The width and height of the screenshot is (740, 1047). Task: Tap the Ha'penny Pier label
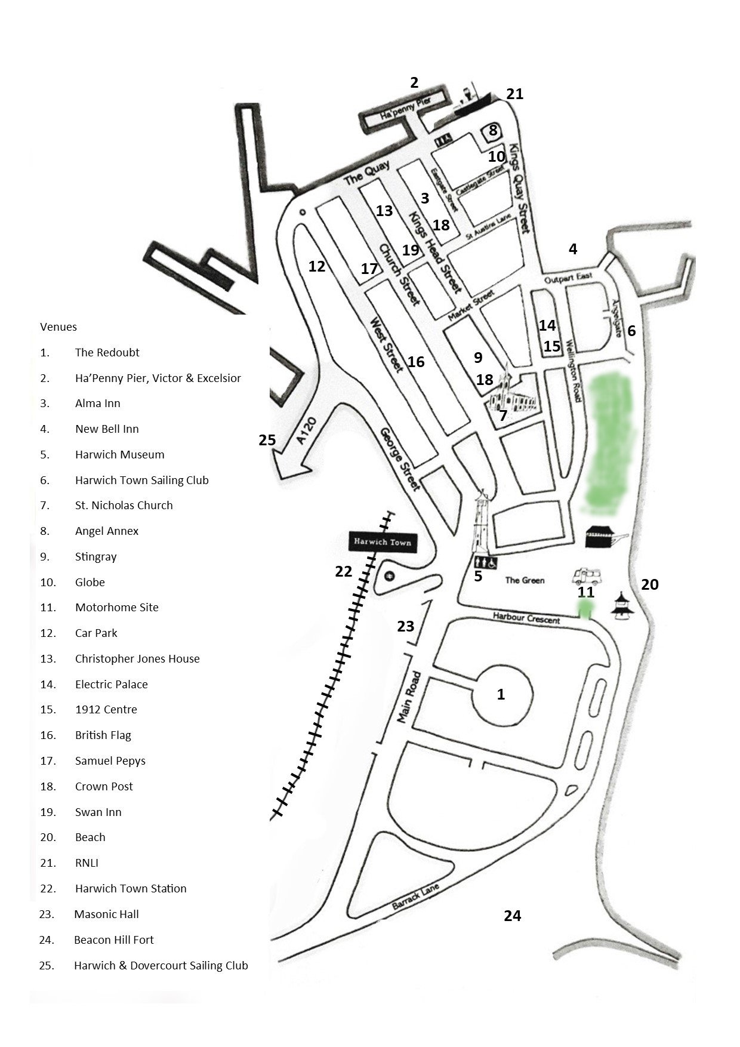(x=405, y=110)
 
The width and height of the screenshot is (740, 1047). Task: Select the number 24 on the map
(x=513, y=915)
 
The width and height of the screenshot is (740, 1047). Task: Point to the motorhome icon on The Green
(x=587, y=576)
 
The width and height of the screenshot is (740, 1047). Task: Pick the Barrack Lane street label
(x=415, y=897)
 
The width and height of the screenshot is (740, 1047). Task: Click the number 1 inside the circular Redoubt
(x=501, y=694)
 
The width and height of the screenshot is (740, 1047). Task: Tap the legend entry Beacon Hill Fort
(x=113, y=940)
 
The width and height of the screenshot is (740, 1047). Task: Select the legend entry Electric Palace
(x=111, y=684)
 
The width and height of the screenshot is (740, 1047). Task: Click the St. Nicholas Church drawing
(x=511, y=396)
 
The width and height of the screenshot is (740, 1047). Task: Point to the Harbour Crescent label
(x=526, y=618)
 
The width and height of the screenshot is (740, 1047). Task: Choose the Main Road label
(x=409, y=697)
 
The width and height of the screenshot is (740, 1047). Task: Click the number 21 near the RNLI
(x=514, y=94)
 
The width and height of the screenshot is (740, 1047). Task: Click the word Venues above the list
(x=58, y=327)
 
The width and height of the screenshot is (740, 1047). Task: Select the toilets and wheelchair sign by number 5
(x=485, y=562)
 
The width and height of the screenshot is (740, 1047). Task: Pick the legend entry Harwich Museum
(x=119, y=454)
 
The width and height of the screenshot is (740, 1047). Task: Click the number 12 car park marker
(x=317, y=266)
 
